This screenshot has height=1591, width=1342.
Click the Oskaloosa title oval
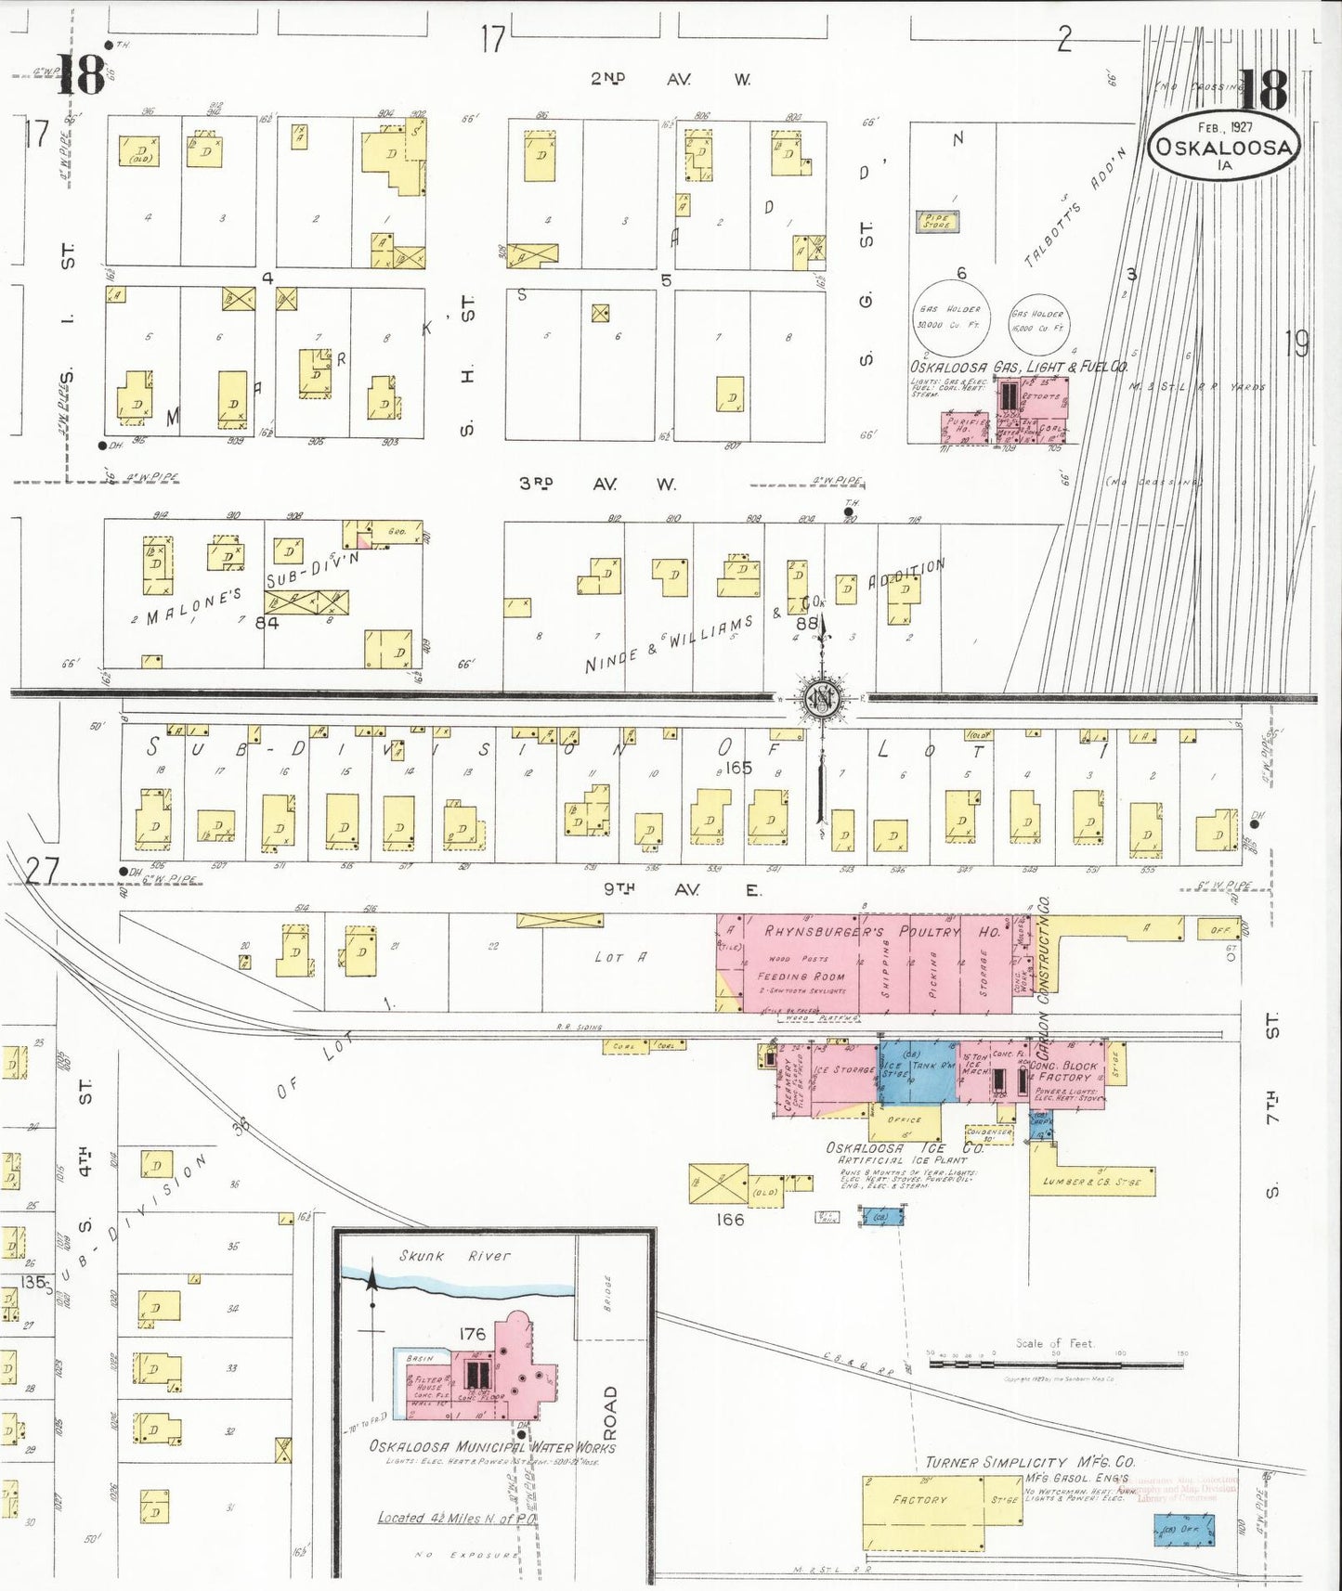coord(1223,147)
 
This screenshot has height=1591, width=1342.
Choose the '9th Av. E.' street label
coord(682,889)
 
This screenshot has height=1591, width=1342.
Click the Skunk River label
coord(454,1256)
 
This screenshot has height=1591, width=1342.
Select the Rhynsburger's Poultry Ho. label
coord(881,931)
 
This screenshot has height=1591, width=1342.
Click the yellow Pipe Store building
coord(936,222)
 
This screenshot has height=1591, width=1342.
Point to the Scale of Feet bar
coord(1057,1365)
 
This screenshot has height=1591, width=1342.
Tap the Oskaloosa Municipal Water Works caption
coord(491,1446)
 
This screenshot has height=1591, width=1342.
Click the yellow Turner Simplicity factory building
coord(922,1512)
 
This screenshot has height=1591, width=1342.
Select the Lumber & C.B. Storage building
coord(1092,1181)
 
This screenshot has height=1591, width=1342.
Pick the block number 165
coord(738,768)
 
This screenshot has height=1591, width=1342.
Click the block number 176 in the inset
coord(472,1334)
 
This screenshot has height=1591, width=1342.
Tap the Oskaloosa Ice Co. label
coord(905,1148)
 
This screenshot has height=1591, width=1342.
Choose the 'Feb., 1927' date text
coord(1224,127)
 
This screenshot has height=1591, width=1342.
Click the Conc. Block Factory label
coord(1064,1072)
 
